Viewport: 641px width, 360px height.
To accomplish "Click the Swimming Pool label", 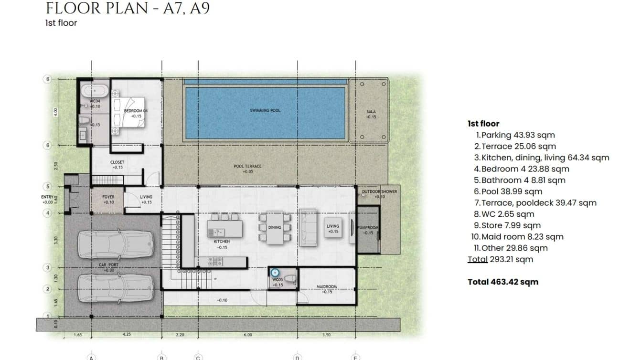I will [x=265, y=110].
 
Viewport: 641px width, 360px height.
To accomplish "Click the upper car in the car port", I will [x=116, y=244].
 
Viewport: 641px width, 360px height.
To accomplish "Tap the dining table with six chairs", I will [x=275, y=228].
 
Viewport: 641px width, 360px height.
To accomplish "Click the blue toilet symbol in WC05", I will [x=275, y=273].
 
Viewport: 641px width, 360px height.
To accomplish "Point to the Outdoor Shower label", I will [x=379, y=192].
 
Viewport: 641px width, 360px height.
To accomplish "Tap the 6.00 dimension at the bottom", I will [x=247, y=335].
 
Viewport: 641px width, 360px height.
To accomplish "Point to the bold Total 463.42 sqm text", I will [x=502, y=282].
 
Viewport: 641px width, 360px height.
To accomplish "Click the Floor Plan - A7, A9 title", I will [x=128, y=9].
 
